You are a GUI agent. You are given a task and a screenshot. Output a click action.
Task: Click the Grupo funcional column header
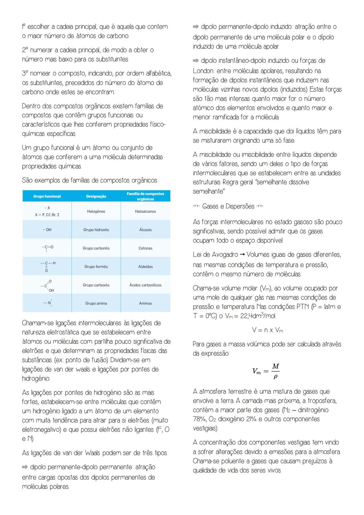[47, 196]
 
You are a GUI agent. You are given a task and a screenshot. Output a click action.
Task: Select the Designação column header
[96, 196]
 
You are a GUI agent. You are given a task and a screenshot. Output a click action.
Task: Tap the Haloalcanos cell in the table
[145, 211]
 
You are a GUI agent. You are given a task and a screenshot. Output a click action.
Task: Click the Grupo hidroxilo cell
[96, 230]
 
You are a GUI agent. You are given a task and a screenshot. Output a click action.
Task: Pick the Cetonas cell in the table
[145, 248]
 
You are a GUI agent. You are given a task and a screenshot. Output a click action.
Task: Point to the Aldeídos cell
[145, 266]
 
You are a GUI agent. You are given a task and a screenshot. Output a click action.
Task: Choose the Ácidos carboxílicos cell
[145, 285]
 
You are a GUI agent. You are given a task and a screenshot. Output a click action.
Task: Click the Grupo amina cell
[96, 303]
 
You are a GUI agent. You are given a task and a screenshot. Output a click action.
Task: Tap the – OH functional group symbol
[47, 230]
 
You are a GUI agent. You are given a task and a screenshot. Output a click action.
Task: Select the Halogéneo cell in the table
[96, 211]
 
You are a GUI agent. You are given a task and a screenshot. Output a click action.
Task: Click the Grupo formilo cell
[96, 266]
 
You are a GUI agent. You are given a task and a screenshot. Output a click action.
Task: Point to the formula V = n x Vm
[267, 330]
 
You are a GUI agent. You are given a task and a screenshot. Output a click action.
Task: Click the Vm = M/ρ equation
[266, 371]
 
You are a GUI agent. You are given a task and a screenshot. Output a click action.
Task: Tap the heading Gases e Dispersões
[228, 206]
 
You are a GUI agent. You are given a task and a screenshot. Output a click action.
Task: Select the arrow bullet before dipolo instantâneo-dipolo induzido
[196, 61]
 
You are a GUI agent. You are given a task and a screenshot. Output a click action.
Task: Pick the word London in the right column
[203, 71]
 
